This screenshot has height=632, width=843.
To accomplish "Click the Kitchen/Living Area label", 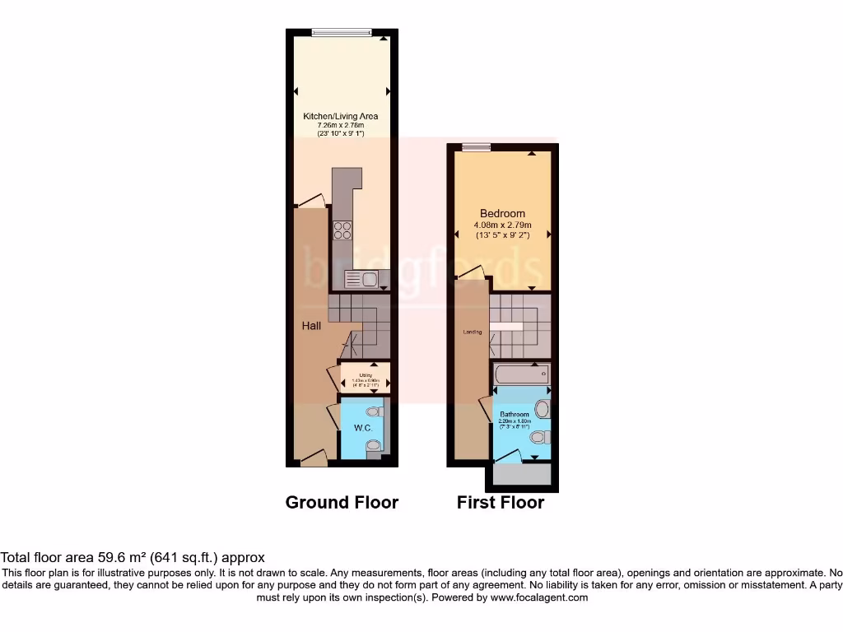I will [340, 117].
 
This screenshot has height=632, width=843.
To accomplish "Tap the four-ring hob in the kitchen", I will [342, 231].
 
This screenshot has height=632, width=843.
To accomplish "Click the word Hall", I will [311, 326].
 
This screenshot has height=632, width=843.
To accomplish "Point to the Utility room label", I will [365, 375].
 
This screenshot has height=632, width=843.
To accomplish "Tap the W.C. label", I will [364, 429].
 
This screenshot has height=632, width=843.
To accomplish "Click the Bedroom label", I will [502, 214].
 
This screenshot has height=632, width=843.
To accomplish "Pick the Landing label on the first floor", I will [473, 332].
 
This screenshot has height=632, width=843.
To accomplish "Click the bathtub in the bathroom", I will [522, 375].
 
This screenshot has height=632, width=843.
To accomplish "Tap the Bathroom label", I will [515, 414].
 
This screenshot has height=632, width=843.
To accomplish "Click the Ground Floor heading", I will [342, 502].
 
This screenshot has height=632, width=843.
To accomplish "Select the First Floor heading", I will [501, 502].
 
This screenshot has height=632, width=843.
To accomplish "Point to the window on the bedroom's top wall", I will [474, 147].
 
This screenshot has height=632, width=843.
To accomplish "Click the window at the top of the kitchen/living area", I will [341, 33].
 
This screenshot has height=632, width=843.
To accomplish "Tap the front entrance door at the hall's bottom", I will [313, 459].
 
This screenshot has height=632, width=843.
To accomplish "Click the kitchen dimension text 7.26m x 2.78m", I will [340, 125].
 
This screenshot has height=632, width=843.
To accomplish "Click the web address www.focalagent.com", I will [538, 597].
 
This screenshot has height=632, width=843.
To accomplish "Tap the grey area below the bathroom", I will [521, 474].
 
